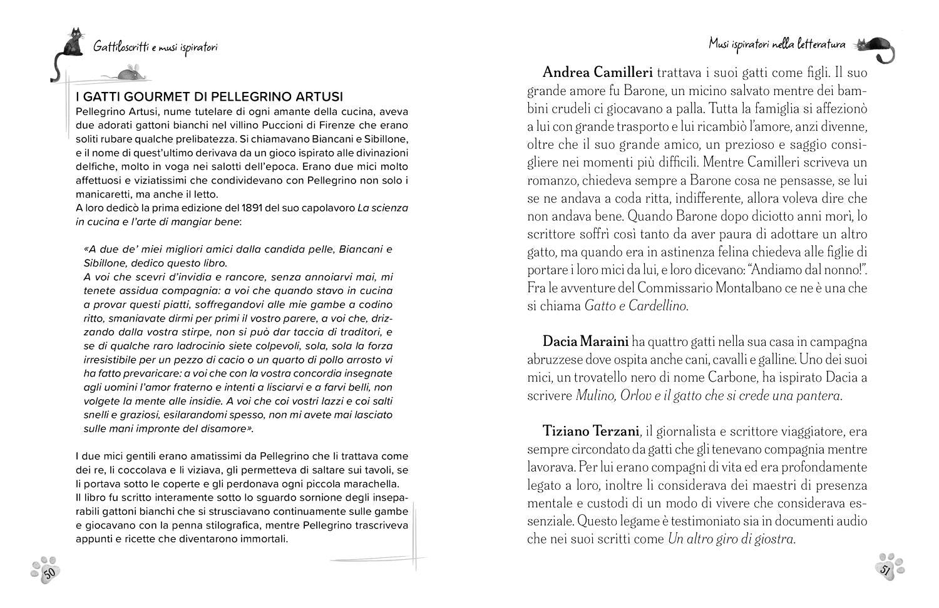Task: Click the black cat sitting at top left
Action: pyautogui.click(x=73, y=43)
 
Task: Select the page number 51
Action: pyautogui.click(x=886, y=570)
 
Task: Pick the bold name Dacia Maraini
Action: pyautogui.click(x=585, y=342)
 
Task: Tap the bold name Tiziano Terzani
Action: pyautogui.click(x=591, y=431)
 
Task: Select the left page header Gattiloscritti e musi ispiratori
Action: pyautogui.click(x=155, y=46)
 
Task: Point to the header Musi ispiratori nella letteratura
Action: pyautogui.click(x=777, y=44)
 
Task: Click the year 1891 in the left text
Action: pyautogui.click(x=260, y=208)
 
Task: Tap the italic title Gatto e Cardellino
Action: pyautogui.click(x=635, y=306)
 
